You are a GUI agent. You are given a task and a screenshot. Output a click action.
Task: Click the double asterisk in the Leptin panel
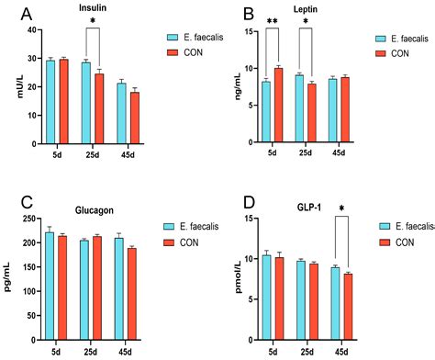pos(273,19)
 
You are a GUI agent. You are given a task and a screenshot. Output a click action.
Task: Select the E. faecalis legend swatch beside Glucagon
pos(171,226)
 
